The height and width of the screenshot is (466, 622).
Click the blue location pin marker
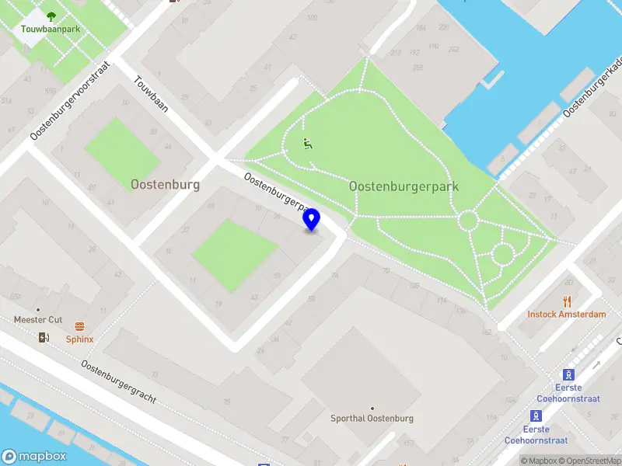click(312, 220)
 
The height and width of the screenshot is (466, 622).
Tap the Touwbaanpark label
click(51, 30)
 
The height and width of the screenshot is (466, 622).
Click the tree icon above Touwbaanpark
click(51, 16)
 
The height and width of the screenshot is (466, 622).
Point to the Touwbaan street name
click(151, 94)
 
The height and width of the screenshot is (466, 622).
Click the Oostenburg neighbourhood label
click(165, 185)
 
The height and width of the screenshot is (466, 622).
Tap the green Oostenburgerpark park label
click(404, 186)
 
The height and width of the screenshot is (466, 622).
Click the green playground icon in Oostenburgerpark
click(308, 144)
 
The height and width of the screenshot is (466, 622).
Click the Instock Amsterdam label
click(566, 315)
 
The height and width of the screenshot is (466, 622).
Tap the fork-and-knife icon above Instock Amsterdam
click(567, 301)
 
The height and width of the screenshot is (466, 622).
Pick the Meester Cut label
click(38, 320)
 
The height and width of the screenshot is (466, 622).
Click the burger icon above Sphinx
click(79, 326)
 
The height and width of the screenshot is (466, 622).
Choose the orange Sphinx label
click(79, 339)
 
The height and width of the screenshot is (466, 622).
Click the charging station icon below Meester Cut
click(44, 337)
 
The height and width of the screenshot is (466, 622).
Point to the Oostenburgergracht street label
click(119, 382)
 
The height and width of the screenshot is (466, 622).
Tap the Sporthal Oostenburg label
click(372, 419)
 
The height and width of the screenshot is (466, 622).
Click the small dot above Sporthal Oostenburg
click(372, 408)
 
